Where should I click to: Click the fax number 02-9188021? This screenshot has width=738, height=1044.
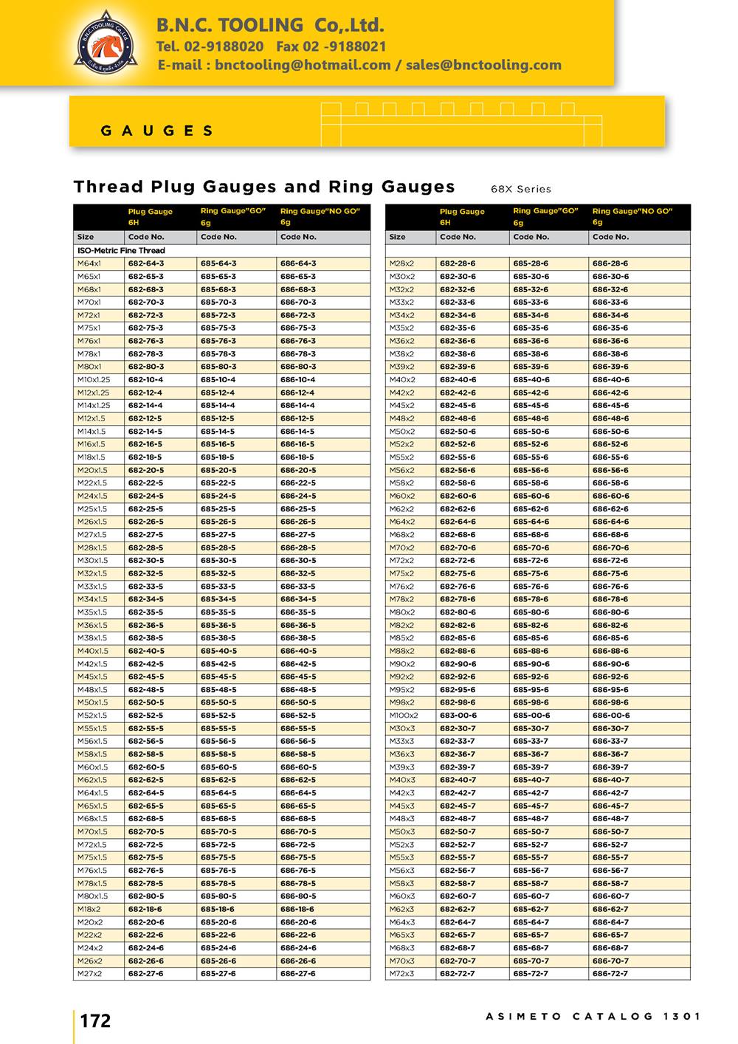coord(331,46)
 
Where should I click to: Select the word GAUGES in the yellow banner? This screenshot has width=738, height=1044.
coord(156,131)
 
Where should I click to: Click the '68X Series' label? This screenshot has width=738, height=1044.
coord(520,189)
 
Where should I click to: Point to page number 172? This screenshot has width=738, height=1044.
coord(95,1021)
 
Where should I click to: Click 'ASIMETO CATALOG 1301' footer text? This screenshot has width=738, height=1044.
coord(593,1016)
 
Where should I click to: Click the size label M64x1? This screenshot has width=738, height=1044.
coord(89,263)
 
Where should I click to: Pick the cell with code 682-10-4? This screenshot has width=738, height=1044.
coord(146,380)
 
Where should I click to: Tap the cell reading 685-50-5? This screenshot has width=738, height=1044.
coord(218,702)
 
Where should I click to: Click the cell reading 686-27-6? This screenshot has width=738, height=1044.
coord(297,974)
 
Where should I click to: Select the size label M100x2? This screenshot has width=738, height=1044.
coord(404,716)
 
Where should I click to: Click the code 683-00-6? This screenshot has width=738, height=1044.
coord(458,716)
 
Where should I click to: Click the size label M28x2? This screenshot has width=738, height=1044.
coord(401,263)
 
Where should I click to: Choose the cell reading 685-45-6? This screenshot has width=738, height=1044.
coord(531,406)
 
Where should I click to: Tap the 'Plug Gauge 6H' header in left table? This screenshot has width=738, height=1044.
coord(151,216)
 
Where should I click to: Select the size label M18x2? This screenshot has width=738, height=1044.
coord(90,910)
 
